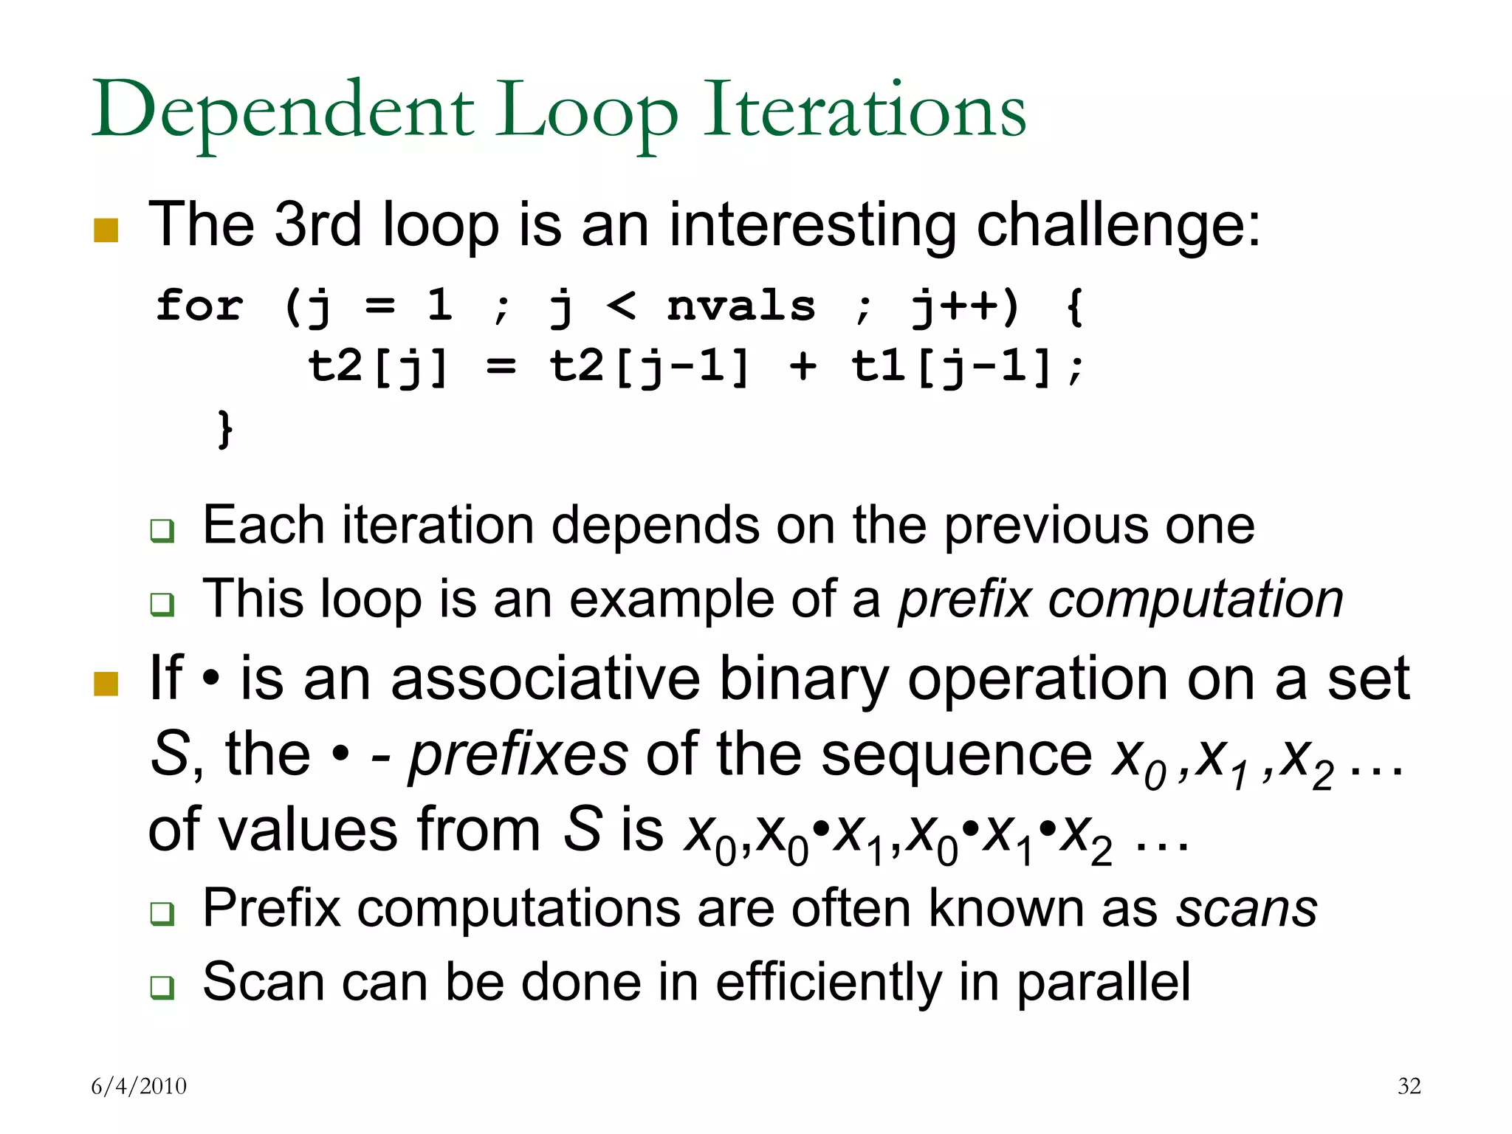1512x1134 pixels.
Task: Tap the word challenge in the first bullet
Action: (x=1118, y=225)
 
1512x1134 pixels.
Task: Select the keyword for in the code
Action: (x=199, y=306)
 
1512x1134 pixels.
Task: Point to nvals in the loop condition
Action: (x=740, y=306)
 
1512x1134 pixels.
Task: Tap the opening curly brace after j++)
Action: (x=1075, y=306)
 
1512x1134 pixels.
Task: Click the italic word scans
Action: (x=1246, y=908)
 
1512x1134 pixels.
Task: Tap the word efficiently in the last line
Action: (x=828, y=983)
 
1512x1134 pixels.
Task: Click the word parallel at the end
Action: (x=1103, y=983)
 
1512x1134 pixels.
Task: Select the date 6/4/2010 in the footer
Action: (x=139, y=1086)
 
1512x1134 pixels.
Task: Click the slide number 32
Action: (x=1409, y=1086)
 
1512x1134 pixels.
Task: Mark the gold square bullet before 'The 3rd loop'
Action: (x=106, y=230)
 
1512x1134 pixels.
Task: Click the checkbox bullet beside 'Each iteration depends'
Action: (x=162, y=531)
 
